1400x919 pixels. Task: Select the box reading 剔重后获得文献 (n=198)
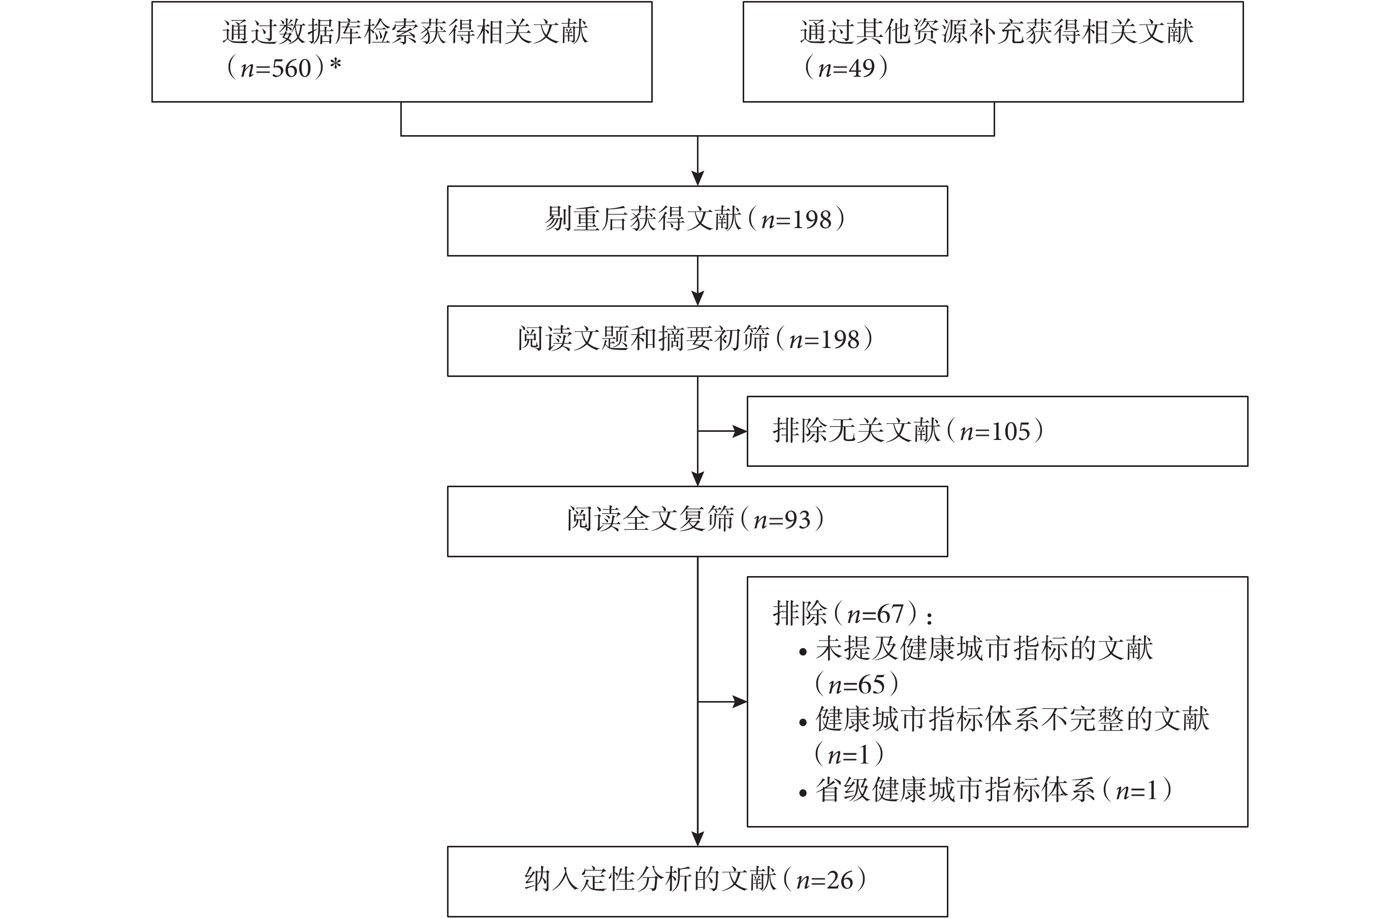pos(697,220)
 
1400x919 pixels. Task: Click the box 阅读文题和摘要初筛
pos(697,341)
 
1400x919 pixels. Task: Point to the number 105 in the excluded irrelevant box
pos(1011,432)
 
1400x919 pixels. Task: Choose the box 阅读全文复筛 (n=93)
pos(697,521)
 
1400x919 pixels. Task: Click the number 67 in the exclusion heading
pos(890,614)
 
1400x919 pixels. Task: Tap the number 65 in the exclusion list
pos(872,685)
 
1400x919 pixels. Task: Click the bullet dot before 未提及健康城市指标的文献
pos(803,652)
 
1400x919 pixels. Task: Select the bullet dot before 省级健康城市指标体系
pos(803,793)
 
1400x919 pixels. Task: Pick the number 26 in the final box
pos(840,880)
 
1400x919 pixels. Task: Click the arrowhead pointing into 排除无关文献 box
pos(740,431)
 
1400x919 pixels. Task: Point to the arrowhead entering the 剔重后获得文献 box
pos(697,178)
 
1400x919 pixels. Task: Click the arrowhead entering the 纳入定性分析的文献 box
pos(697,838)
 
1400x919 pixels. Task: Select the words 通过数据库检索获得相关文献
pos(405,32)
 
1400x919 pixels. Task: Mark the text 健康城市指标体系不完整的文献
pos(1012,719)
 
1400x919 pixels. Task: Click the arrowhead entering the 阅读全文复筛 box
pos(697,479)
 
